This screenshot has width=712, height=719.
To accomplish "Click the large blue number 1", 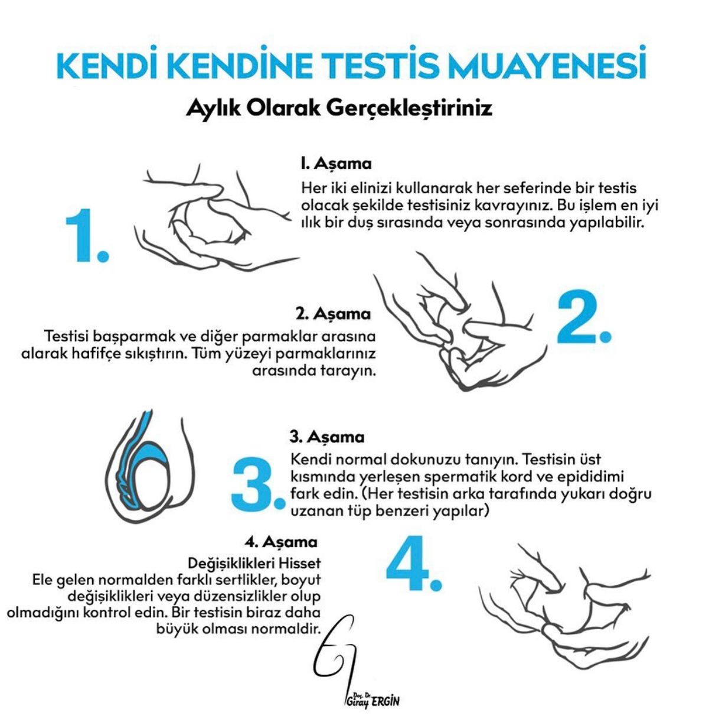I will point(86,236).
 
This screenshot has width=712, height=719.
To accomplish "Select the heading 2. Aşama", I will point(333,313).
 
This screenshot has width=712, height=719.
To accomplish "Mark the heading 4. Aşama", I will point(281,542).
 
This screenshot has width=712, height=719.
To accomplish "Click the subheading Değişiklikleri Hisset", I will point(254,561).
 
